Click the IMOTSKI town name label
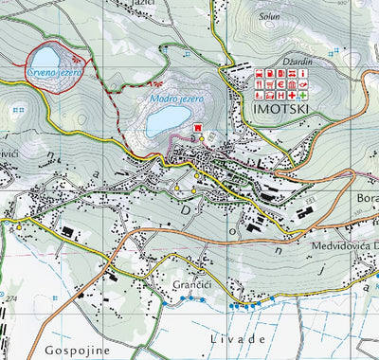point(281,109)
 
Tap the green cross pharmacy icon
point(303,96)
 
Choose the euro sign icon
point(280,84)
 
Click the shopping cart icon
point(270,84)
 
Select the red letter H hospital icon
point(280,96)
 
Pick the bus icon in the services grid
point(259,73)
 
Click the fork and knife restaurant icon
point(259,84)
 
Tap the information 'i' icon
point(303,73)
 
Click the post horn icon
point(303,84)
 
